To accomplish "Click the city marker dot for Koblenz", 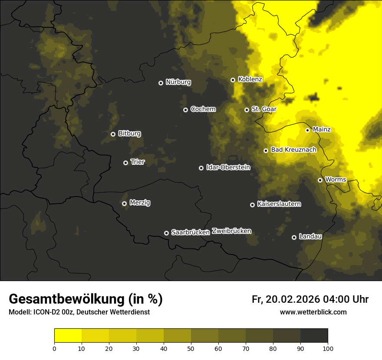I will pos(233,80).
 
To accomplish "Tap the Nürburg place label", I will pos(178,82).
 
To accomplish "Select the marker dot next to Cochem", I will pos(185,110).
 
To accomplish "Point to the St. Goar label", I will pos(264,109).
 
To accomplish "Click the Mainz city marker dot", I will pos(307,130).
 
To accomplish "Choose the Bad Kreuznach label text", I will pos(293,150).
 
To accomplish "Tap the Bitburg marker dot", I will pos(113,134).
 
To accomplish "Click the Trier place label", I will pos(138,162).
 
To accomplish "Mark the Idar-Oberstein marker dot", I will pos(201,168).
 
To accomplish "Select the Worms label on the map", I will pos(336,179).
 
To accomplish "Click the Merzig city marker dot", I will pos(124,203).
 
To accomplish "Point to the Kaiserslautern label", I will pos(279,204).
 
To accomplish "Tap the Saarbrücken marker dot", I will pos(166,233).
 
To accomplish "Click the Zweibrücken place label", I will pos(231,231).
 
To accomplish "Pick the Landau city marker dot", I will pos(294,237).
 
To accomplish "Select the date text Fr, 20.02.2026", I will pos(286,299).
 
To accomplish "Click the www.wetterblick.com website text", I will pos(313,312).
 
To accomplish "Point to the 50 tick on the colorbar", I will pos(191,348).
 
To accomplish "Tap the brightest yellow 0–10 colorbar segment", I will pos(68,336).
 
